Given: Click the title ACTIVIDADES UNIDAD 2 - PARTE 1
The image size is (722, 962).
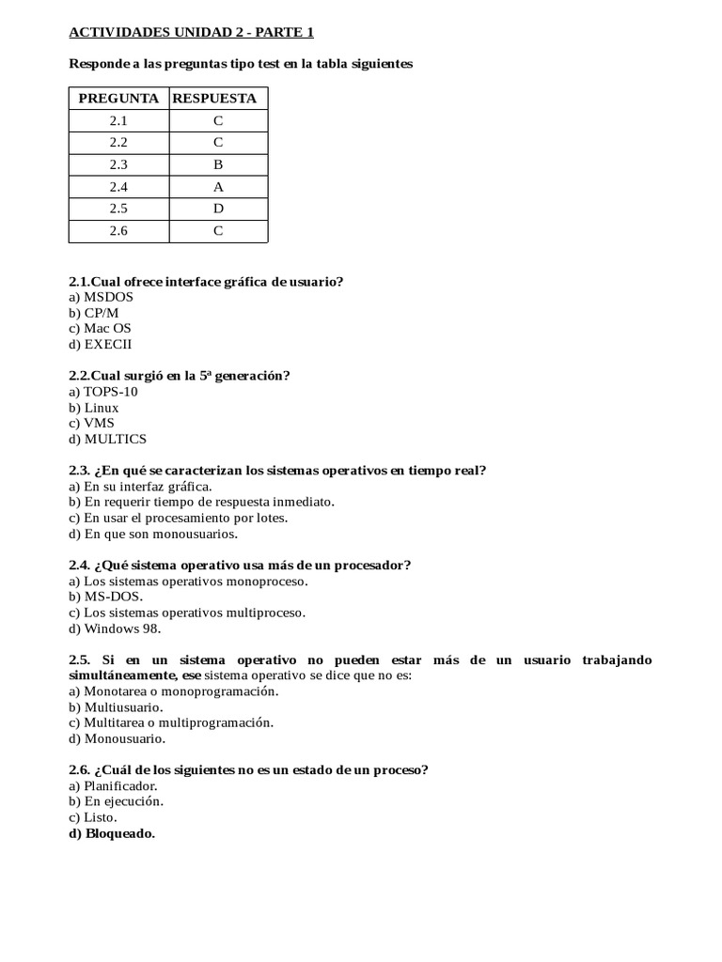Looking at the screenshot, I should click(x=192, y=33).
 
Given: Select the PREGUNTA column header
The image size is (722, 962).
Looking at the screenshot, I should click(x=118, y=99).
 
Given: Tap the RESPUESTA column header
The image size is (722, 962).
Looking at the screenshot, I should click(x=217, y=99).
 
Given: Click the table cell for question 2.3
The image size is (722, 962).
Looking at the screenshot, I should click(x=118, y=164).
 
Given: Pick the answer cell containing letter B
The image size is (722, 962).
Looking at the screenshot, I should click(x=217, y=164).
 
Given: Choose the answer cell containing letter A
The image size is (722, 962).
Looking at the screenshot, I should click(x=217, y=187).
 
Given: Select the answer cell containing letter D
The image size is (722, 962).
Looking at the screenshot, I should click(x=217, y=209).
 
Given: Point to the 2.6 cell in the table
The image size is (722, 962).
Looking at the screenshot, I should click(x=118, y=230).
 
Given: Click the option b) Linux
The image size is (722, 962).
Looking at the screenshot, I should click(x=94, y=408).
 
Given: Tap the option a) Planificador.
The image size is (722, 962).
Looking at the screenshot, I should click(x=114, y=786).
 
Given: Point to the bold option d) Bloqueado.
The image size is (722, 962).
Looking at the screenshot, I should click(x=112, y=833).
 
